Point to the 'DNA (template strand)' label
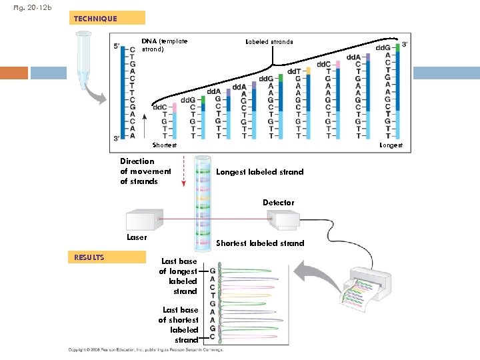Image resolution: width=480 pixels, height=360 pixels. click(x=165, y=45)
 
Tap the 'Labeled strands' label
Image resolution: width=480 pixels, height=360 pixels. click(x=269, y=41)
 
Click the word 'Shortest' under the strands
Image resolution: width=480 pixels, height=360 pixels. click(x=165, y=145)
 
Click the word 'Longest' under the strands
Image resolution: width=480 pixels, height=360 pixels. click(x=391, y=145)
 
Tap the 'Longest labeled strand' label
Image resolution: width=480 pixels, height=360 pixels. click(x=260, y=172)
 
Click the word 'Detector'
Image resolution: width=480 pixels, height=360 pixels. click(x=278, y=202)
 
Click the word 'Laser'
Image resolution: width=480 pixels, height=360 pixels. click(x=137, y=237)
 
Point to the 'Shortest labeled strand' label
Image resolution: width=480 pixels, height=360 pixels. click(x=260, y=243)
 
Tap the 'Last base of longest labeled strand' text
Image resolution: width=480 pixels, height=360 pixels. click(x=179, y=277)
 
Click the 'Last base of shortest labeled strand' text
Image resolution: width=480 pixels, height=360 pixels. click(x=179, y=325)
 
